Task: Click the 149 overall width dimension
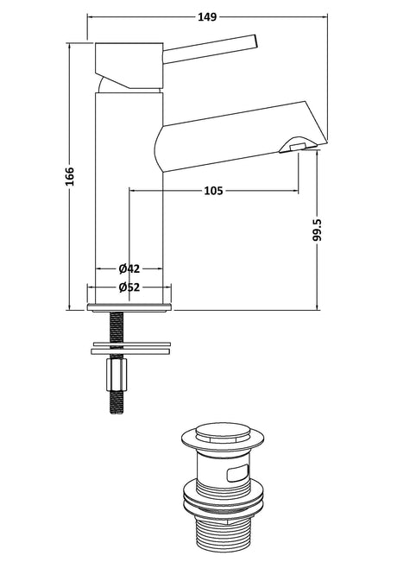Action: tap(207, 16)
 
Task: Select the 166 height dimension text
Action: tap(70, 176)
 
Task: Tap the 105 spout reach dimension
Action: tap(213, 190)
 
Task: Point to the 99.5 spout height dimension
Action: tap(318, 230)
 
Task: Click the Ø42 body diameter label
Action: tap(129, 268)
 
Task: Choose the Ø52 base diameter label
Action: tap(129, 287)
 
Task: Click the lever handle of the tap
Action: tap(210, 49)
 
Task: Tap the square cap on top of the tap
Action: tap(129, 66)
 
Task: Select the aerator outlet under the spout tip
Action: tap(298, 146)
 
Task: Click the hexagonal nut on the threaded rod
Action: tap(117, 375)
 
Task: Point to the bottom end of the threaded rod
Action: tap(117, 413)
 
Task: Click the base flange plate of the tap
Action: tap(129, 307)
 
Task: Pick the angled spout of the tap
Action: tap(241, 136)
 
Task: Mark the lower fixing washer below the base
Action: tap(131, 350)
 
